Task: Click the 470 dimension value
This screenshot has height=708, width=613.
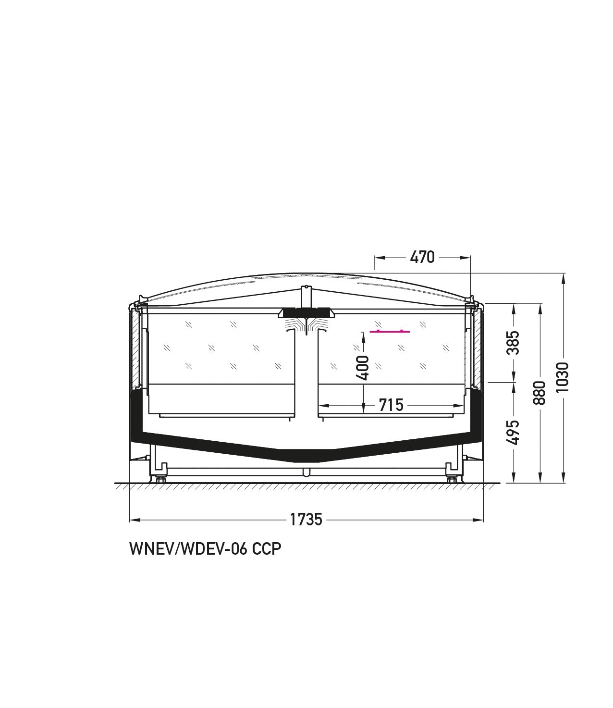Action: coord(422,257)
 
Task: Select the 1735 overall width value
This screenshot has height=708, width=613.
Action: coord(306,519)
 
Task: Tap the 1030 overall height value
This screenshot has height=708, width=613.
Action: coord(562,377)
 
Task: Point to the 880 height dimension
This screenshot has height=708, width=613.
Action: coord(540,393)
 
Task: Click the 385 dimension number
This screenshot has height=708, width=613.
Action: coord(514,343)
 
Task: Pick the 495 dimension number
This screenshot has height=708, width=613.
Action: coord(514,433)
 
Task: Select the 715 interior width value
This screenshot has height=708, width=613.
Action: coord(391,405)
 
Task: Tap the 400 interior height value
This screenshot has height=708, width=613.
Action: coord(363,368)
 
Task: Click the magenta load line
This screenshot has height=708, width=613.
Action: coord(390,331)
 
